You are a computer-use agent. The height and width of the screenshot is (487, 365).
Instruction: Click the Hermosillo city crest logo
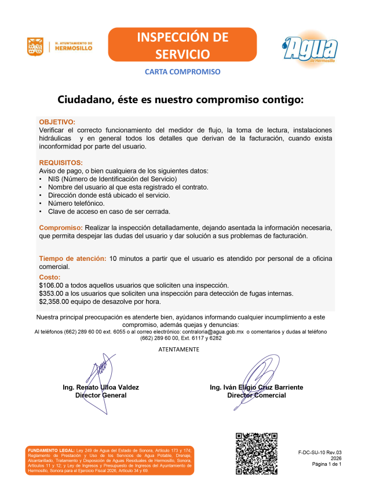[x=35, y=46]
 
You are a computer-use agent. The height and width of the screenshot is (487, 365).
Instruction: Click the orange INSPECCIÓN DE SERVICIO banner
[x=183, y=45]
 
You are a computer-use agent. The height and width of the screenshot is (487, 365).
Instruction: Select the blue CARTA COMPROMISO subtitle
[x=183, y=72]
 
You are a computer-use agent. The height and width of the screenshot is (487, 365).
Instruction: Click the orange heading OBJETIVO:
[x=57, y=122]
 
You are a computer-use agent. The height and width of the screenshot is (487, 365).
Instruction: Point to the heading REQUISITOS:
[x=61, y=162]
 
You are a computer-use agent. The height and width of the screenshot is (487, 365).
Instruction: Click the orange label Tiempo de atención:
[x=72, y=259]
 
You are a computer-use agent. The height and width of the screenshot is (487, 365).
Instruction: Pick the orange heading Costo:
[x=49, y=278]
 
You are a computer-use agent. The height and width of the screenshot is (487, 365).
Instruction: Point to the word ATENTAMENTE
[x=179, y=350]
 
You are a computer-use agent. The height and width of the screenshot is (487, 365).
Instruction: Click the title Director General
[x=101, y=395]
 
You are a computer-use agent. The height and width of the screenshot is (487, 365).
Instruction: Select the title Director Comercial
[x=257, y=395]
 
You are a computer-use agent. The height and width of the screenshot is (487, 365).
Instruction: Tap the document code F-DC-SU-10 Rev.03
[x=320, y=451]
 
